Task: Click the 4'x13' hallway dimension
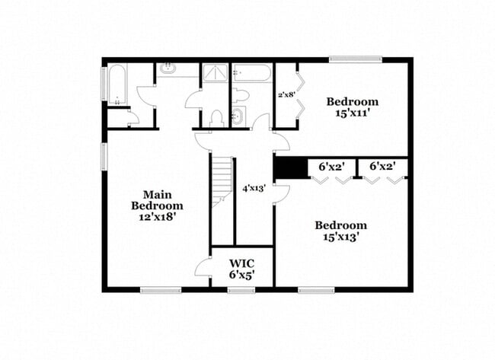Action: coord(253,188)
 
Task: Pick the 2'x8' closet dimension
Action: coord(286,94)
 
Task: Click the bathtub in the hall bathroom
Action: coord(251,74)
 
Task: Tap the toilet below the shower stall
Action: coord(216,118)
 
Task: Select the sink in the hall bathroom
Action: coord(238,116)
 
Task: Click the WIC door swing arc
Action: coord(202,267)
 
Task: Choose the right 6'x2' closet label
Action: coord(382,165)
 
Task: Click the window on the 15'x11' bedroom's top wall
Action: coord(355,59)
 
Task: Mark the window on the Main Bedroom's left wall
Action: coord(105,153)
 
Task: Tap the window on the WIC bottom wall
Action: coord(241,289)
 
